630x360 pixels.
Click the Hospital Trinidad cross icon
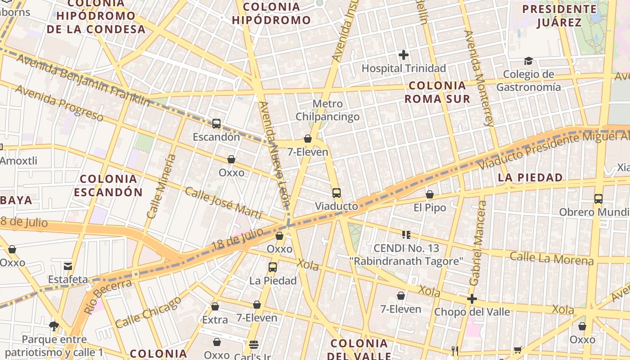404,55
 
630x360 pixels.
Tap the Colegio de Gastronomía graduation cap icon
528,61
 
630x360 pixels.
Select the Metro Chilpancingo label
327,110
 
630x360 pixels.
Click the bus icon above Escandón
216,124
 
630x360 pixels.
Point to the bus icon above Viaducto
337,193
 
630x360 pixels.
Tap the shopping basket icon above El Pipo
430,194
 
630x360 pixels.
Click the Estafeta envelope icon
68,266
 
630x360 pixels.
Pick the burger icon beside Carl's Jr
254,345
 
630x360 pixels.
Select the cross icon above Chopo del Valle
472,299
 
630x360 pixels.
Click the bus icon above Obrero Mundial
598,198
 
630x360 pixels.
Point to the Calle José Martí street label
223,204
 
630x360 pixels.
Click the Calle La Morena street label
552,259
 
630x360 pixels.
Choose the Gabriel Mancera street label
478,243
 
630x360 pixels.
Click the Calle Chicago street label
148,312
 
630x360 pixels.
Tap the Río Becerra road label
108,296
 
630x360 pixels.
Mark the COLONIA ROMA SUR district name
437,92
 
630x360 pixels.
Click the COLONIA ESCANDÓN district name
108,185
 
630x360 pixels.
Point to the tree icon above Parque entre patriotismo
54,326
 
